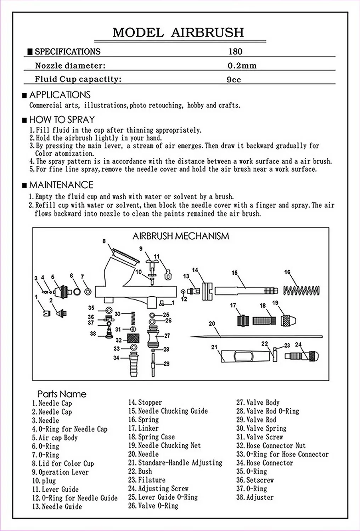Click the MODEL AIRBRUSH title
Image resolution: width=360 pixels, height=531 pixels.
tap(178, 32)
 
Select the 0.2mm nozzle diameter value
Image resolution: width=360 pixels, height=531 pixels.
tap(242, 65)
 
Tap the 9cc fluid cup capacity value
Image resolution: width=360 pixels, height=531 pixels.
tap(234, 79)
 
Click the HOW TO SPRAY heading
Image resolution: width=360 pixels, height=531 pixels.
tap(62, 120)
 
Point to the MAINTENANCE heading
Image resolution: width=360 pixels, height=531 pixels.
tap(61, 185)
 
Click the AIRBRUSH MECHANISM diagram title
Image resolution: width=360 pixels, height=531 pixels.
tap(181, 236)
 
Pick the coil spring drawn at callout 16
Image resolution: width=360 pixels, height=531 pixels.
tap(302, 290)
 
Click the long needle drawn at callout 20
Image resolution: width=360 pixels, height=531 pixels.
tap(255, 337)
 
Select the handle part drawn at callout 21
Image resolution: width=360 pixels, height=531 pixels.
tap(241, 355)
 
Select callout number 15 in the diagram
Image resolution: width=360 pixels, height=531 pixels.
tap(234, 273)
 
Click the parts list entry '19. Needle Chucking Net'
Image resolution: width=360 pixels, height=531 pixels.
tap(164, 445)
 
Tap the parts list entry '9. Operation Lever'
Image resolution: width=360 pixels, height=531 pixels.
tap(60, 472)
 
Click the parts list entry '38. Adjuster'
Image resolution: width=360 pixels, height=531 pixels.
tap(255, 497)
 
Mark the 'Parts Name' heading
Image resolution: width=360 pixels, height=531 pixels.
tap(62, 394)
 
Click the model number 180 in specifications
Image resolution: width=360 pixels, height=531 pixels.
tap(235, 52)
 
